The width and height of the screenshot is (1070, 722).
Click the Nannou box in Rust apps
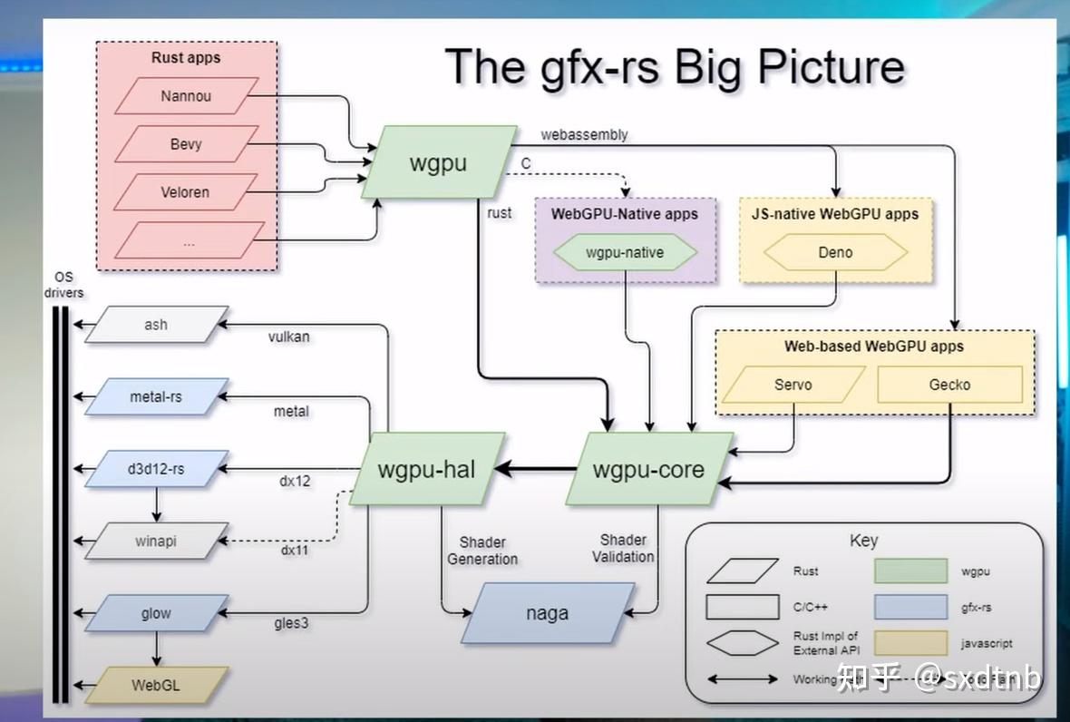click(186, 96)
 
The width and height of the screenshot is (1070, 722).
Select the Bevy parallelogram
click(186, 144)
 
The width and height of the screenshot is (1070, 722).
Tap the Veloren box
click(185, 192)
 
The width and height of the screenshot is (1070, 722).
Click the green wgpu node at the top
click(439, 163)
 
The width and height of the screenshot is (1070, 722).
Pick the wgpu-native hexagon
click(625, 253)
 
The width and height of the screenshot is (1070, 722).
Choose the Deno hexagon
click(835, 253)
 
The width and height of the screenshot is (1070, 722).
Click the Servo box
click(793, 385)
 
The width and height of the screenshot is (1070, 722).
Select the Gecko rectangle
click(949, 385)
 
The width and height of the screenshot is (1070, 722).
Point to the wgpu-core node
click(648, 470)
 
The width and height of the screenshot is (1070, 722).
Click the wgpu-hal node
click(426, 470)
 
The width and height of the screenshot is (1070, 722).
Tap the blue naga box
click(547, 613)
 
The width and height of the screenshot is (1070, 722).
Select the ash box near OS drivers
click(156, 325)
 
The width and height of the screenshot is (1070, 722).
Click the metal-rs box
click(156, 397)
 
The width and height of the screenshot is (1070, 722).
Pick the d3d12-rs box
click(156, 469)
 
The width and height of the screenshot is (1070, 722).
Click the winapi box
click(156, 541)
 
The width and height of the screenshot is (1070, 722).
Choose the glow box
click(156, 613)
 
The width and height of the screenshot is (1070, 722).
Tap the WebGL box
click(156, 685)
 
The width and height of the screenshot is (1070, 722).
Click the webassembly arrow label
click(584, 134)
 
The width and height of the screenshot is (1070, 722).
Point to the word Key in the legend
click(863, 541)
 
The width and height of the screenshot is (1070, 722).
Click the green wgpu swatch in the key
click(910, 571)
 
